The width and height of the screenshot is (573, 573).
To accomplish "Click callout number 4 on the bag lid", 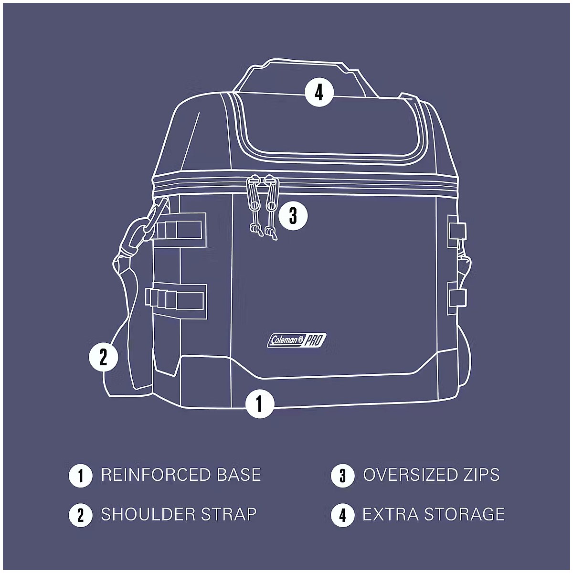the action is click(319, 93).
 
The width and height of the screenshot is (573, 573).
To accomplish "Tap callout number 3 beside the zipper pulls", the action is click(293, 215).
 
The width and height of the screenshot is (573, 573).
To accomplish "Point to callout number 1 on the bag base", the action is click(260, 403).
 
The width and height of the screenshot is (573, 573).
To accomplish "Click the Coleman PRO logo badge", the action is click(297, 340).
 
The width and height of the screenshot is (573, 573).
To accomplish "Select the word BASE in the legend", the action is click(239, 475).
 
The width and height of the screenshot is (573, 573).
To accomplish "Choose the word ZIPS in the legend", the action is click(481, 475).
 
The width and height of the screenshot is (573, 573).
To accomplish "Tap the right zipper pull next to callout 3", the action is click(271, 207).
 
